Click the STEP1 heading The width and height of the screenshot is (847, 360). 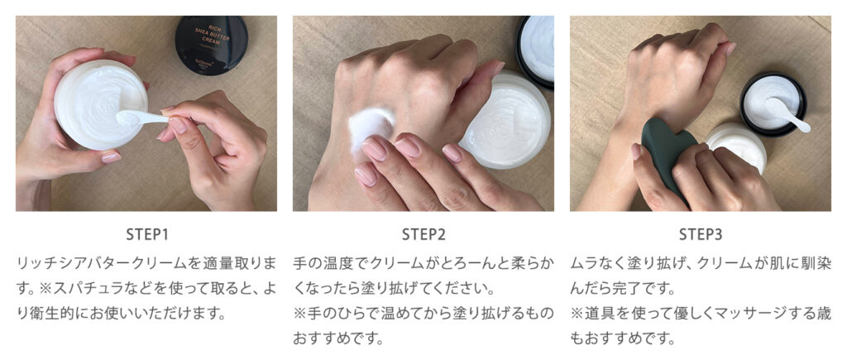[x=147, y=234]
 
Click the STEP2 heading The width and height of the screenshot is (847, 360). [x=423, y=234]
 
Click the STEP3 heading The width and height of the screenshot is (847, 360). [x=701, y=234]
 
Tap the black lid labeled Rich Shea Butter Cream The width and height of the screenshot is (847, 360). [x=211, y=44]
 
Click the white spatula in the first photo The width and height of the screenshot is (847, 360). [x=141, y=118]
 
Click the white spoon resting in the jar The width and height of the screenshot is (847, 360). [x=786, y=114]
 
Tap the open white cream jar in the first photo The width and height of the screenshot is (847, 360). [x=101, y=104]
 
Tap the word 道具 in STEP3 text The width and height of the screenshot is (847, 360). [x=599, y=314]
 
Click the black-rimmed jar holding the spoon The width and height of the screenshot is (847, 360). [x=773, y=103]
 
